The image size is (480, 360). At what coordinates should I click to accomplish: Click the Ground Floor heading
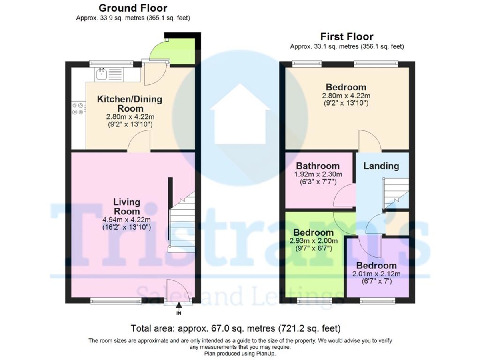133,8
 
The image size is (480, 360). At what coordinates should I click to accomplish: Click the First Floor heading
347,37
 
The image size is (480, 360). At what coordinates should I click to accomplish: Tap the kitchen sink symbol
102,74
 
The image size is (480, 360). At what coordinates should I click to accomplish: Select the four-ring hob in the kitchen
78,109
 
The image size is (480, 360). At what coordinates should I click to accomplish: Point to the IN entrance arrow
179,305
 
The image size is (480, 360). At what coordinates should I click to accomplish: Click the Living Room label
127,206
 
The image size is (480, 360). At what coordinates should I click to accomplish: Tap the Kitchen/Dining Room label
130,104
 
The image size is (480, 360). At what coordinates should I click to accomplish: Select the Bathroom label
318,166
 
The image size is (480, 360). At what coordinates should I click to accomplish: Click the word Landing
381,166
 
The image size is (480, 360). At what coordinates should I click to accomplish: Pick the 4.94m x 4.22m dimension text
126,220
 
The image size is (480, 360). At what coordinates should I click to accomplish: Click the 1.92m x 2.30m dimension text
318,174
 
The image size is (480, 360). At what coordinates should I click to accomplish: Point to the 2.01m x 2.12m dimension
376,274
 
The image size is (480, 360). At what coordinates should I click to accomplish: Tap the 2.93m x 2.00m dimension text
313,241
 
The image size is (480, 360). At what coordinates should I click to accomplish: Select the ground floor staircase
182,222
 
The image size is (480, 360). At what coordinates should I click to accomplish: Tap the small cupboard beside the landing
397,223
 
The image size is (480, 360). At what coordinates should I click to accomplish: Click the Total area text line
236,328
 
